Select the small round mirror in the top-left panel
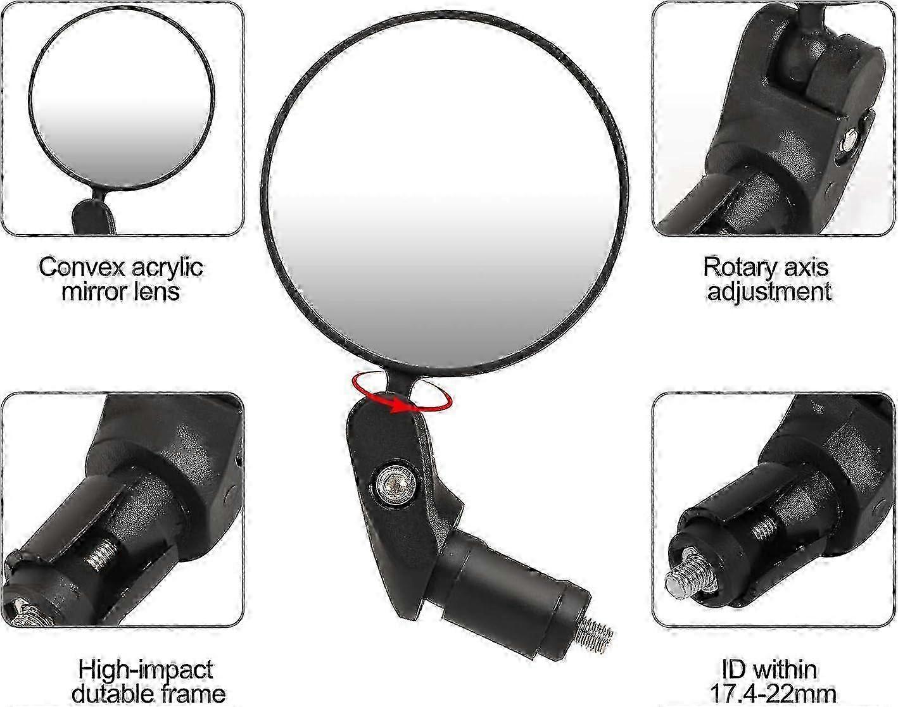point(122,99)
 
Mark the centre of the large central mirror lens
point(444,192)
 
